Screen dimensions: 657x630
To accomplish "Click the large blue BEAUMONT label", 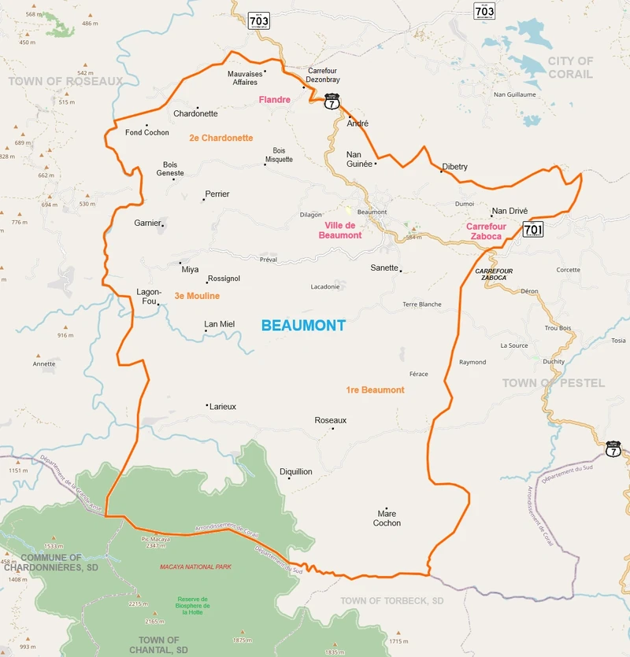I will click(x=303, y=325).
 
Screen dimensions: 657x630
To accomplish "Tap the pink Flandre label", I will click(x=275, y=100).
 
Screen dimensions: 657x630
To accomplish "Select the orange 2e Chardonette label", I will click(x=220, y=138).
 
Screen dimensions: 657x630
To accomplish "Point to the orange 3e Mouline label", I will click(x=197, y=296).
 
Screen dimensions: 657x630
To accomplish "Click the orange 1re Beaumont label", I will click(x=375, y=390).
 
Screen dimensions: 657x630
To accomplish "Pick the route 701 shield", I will click(x=533, y=229).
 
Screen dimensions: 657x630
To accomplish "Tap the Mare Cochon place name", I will click(x=387, y=518).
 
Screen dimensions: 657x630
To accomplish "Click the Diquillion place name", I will click(x=296, y=471).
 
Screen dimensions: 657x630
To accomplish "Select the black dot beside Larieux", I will click(x=207, y=406).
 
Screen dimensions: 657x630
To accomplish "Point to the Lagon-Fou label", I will click(x=149, y=296).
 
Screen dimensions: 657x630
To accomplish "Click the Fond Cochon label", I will click(x=147, y=132).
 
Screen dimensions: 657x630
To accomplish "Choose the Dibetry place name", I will click(x=455, y=167).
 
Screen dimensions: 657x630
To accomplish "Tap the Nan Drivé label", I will click(x=510, y=211).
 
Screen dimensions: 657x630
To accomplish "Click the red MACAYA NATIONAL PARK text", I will click(x=195, y=567).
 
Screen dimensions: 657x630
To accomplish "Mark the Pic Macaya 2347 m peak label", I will click(x=155, y=542).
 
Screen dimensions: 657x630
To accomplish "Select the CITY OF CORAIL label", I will click(x=570, y=68).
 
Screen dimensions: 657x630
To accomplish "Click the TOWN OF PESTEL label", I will click(x=554, y=383).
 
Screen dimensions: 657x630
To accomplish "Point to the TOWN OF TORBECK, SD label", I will click(x=392, y=601).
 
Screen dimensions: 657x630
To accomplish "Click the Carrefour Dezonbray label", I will click(x=324, y=75).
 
